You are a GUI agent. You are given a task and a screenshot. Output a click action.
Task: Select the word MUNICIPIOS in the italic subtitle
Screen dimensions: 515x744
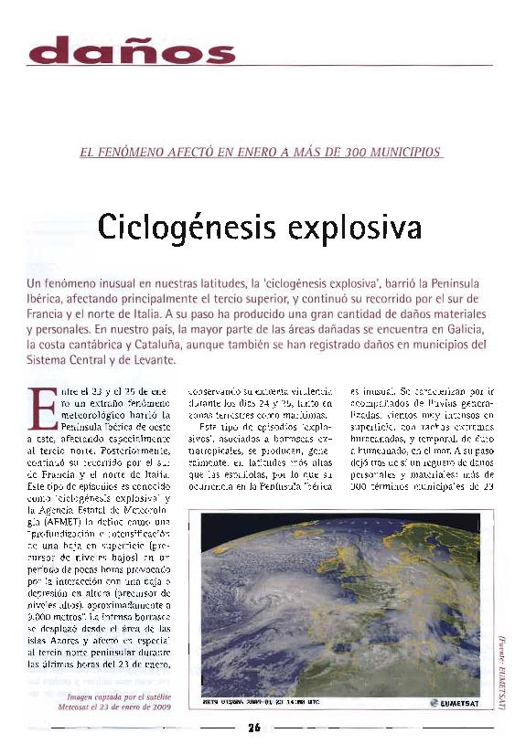coord(403,151)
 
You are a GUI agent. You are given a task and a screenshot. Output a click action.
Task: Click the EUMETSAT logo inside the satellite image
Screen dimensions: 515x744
coord(452,705)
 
